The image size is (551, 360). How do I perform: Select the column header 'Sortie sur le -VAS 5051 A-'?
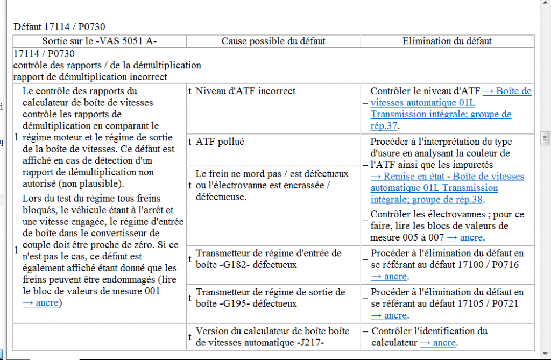tap(100, 41)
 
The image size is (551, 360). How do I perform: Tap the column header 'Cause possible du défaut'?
tap(273, 41)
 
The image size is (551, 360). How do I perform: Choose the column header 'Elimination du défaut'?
tap(447, 41)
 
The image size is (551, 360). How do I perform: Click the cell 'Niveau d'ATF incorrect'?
tap(245, 91)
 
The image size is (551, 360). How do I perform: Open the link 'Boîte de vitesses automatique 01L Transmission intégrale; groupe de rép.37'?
tap(441, 115)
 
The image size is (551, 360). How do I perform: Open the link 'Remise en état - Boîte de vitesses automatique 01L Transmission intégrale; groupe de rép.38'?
tap(447, 188)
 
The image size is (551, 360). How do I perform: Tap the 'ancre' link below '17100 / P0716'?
tap(389, 276)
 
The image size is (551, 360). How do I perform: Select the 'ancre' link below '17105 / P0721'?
tap(389, 315)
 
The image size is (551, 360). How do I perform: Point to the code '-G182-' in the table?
tap(234, 265)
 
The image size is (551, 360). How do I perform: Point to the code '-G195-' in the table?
tap(234, 303)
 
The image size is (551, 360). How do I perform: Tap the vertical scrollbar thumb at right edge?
tap(546, 137)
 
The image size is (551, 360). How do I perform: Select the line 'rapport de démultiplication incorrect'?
tap(90, 76)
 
